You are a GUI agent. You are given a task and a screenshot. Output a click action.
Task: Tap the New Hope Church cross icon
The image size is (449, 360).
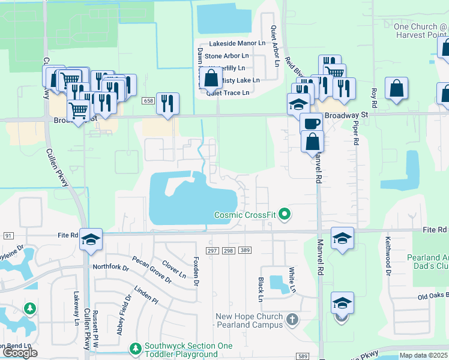tap(292, 319)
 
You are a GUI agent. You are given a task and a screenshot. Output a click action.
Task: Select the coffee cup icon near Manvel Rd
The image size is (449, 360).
tap(310, 124)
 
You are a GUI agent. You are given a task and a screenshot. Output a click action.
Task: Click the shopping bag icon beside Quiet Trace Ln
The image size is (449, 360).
tap(211, 79)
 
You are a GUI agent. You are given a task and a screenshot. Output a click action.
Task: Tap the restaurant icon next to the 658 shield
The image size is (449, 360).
tap(167, 103)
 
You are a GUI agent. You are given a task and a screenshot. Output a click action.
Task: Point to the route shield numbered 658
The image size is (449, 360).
tap(148, 101)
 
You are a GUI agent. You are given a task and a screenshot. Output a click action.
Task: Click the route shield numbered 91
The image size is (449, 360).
tap(8, 235)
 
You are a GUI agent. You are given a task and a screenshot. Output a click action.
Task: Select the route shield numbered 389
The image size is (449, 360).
tap(244, 250)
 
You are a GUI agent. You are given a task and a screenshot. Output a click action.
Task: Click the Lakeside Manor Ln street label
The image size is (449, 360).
tap(237, 44)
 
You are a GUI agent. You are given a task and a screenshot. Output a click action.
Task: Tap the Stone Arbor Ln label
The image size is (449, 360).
tap(230, 56)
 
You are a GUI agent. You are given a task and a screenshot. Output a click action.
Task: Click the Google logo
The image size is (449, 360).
tap(20, 353)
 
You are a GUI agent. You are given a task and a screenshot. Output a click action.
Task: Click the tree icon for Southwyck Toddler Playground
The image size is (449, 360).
tap(136, 349)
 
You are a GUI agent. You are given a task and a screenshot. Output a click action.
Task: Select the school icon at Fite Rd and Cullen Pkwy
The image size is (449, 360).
tap(91, 240)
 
